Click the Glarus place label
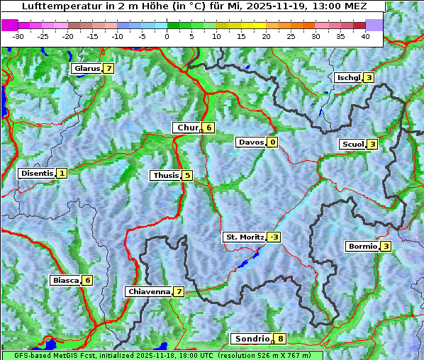tap(86, 69)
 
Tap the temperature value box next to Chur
tap(209, 128)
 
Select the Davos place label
tap(251, 142)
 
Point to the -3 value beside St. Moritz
tap(274, 237)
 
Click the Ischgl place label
tap(348, 77)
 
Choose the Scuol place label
tap(352, 144)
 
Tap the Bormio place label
tap(362, 247)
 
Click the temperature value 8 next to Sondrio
tap(281, 339)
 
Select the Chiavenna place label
tap(149, 291)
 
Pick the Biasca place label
tap(65, 280)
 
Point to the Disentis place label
tap(36, 173)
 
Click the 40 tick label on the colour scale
tap(365, 35)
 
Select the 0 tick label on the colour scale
tap(167, 35)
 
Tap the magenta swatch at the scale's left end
tap(10, 24)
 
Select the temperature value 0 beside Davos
tap(272, 142)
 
